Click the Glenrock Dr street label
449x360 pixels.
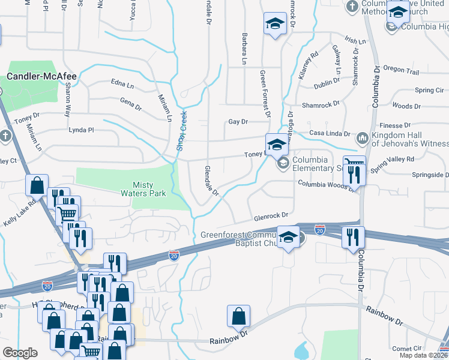point(271,215)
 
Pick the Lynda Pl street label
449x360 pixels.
point(82,130)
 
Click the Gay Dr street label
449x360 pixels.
point(238,122)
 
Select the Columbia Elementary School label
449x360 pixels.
point(310,164)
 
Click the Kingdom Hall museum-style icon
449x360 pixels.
point(362,139)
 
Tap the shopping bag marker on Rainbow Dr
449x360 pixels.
point(239,316)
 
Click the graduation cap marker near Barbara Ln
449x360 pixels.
point(275,24)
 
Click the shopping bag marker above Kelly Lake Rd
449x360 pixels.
point(37,185)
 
